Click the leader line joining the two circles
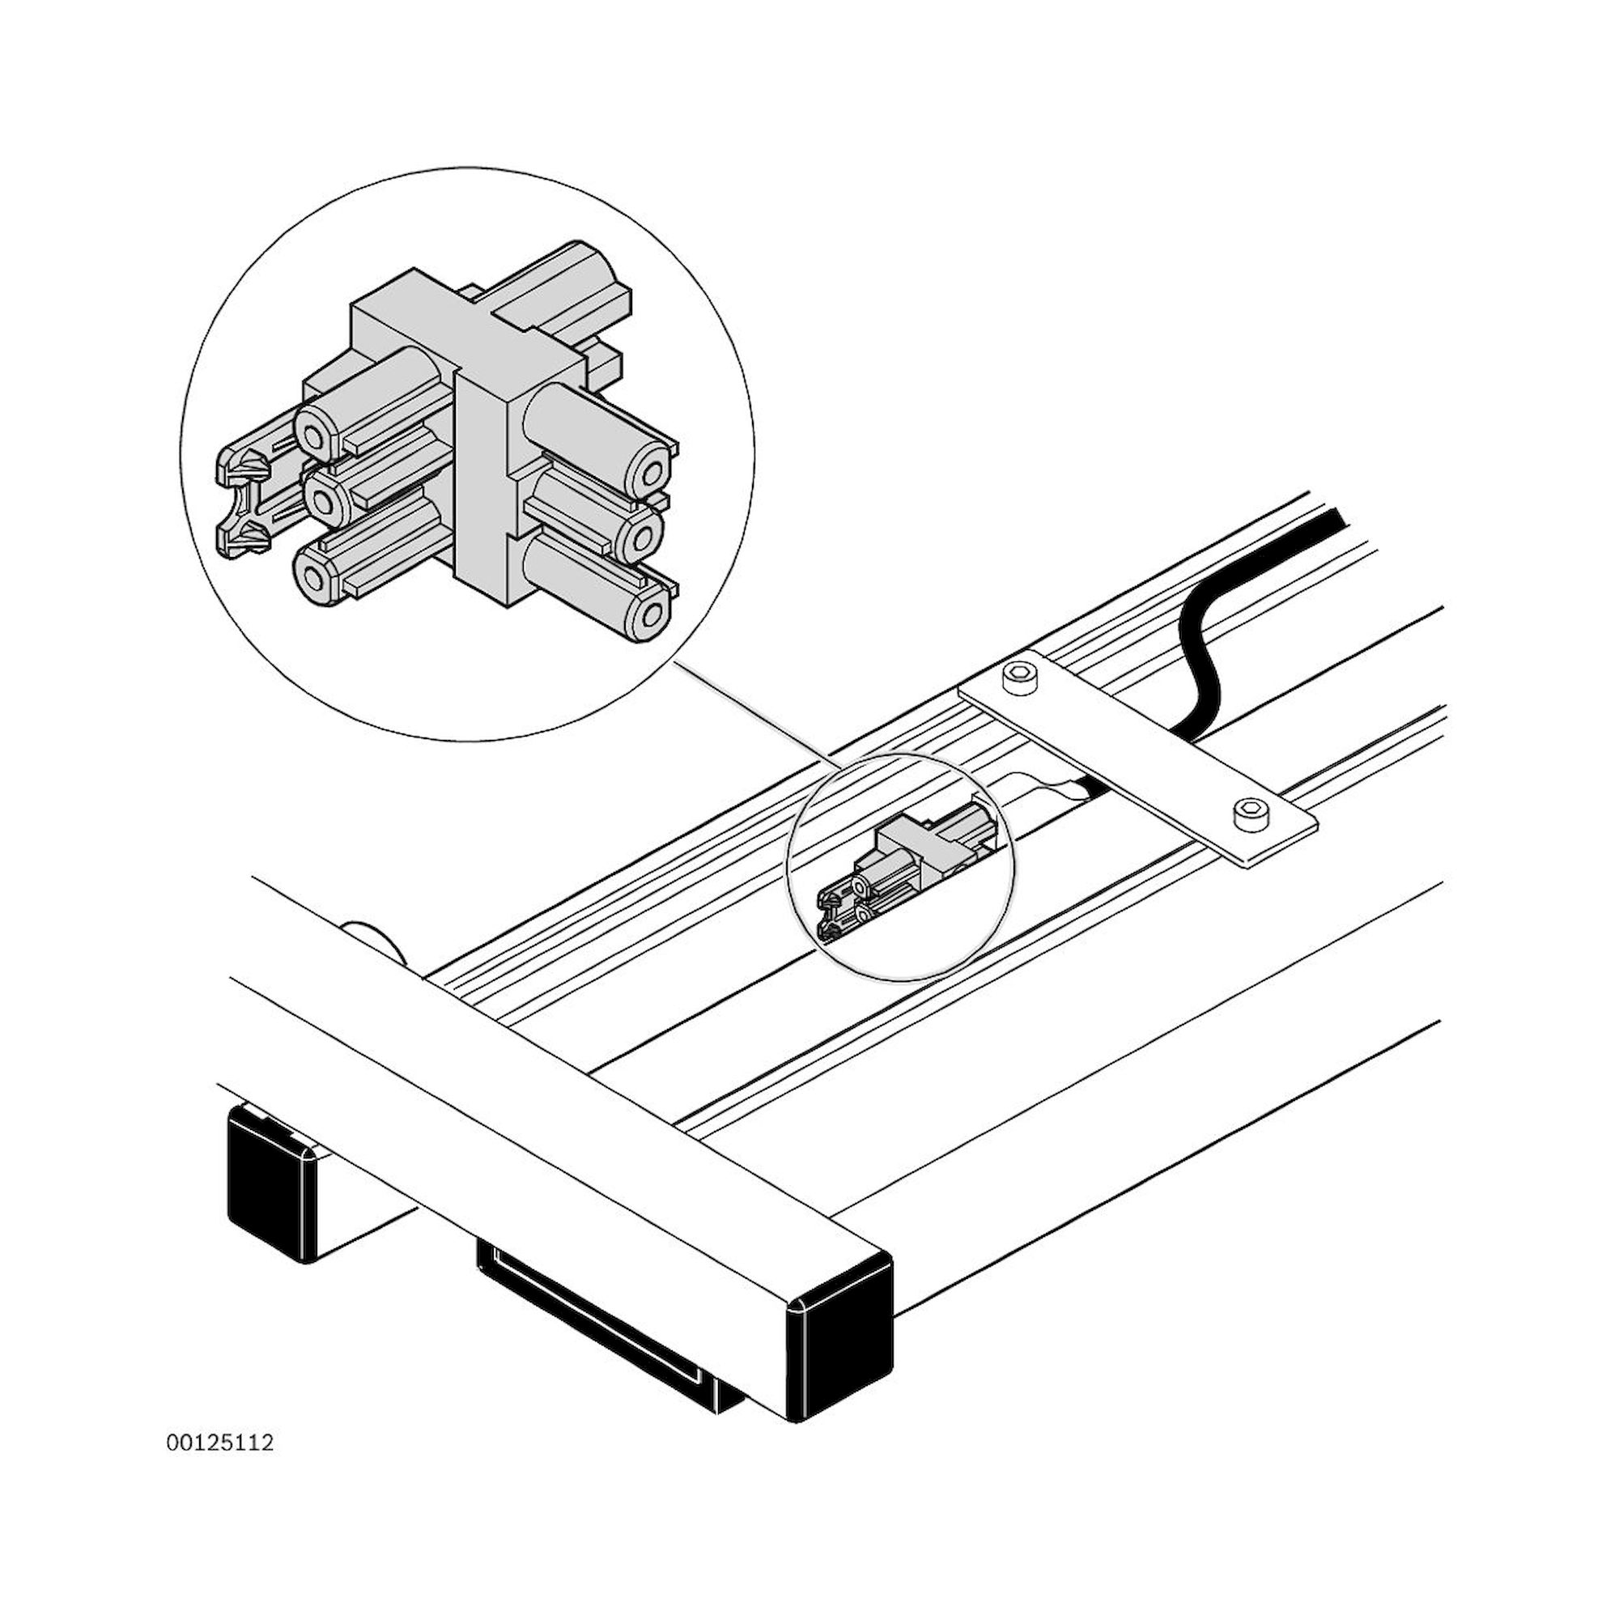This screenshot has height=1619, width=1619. point(754,712)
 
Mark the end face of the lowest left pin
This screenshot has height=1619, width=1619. point(315,577)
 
